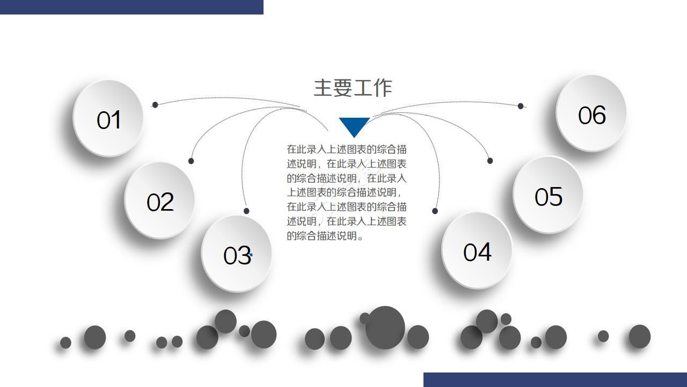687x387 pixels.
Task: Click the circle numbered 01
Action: tap(108, 118)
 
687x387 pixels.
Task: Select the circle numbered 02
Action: tap(159, 200)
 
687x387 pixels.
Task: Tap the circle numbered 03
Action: tap(236, 254)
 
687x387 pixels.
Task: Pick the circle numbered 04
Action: tap(477, 250)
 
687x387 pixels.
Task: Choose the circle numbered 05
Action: tap(548, 195)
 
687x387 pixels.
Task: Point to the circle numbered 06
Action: tap(591, 113)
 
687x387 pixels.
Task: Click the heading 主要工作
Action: tap(353, 88)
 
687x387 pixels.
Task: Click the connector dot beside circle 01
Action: tap(155, 105)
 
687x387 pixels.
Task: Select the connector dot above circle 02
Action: tap(191, 161)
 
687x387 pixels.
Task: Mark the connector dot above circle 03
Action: tap(246, 211)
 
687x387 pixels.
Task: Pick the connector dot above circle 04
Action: tap(435, 211)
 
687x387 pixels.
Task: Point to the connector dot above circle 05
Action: tap(489, 161)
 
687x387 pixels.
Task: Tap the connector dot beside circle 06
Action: tap(520, 106)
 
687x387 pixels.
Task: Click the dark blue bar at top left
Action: tap(131, 7)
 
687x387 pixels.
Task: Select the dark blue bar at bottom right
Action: tap(555, 379)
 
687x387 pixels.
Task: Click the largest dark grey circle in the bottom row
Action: tap(385, 327)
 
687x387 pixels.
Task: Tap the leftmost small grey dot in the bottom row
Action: tap(65, 342)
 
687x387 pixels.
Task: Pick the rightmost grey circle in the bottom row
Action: tap(639, 336)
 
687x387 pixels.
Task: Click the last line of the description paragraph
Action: tap(325, 235)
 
